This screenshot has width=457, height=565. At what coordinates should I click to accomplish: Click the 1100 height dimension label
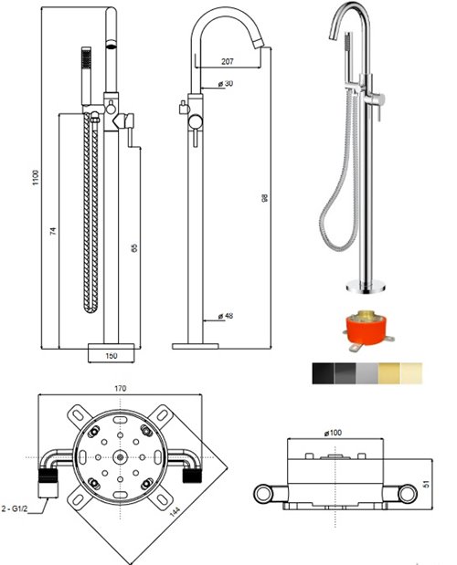pyautogui.click(x=36, y=178)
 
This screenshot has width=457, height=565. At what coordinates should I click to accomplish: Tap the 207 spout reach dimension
pyautogui.click(x=228, y=62)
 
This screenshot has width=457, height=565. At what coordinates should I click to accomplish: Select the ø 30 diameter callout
pyautogui.click(x=226, y=84)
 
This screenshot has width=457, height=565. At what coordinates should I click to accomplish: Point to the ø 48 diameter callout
pyautogui.click(x=226, y=316)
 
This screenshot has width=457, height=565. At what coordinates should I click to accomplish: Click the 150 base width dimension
pyautogui.click(x=112, y=356)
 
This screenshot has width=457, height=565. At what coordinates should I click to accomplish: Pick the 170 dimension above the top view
pyautogui.click(x=120, y=389)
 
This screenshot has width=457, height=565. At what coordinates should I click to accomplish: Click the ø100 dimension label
pyautogui.click(x=333, y=433)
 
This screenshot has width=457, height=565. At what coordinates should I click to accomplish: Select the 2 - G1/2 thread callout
pyautogui.click(x=15, y=509)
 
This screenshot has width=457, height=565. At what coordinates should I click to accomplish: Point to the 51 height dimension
pyautogui.click(x=428, y=484)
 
